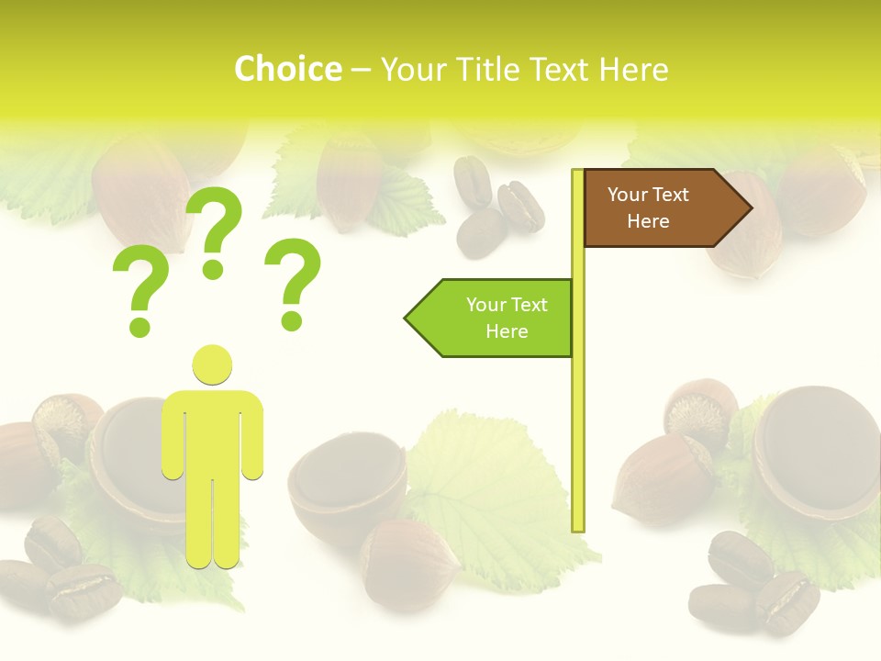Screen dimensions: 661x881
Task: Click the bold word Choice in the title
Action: tap(287, 69)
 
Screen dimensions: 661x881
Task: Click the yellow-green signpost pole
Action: tap(578, 413)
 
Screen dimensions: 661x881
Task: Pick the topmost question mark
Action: tap(215, 230)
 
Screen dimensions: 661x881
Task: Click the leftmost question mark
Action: tap(140, 292)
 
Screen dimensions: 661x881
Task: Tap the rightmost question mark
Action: tap(293, 283)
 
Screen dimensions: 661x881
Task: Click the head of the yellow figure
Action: tap(212, 364)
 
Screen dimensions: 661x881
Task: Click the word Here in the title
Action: tap(633, 69)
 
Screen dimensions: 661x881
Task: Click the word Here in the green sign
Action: tap(507, 331)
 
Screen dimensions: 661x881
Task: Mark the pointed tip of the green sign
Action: tap(407, 319)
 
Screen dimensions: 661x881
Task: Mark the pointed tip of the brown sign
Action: tap(750, 208)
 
